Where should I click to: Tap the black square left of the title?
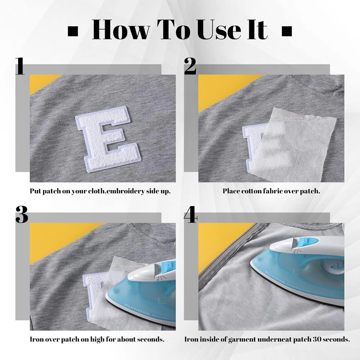tap(73, 31)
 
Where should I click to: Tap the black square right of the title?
tap(287, 31)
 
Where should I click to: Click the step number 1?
tap(20, 66)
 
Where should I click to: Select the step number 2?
tap(190, 66)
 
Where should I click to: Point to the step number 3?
tap(22, 215)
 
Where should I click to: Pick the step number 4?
tap(190, 215)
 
